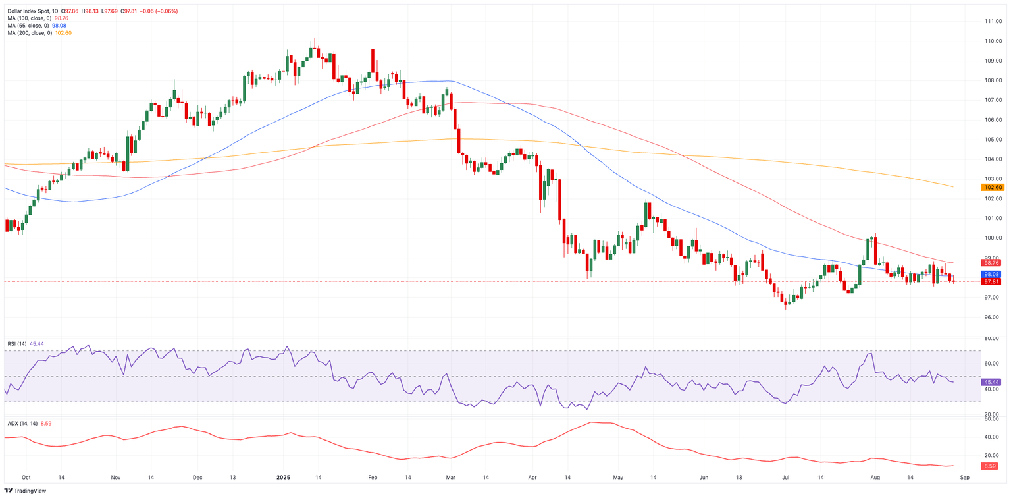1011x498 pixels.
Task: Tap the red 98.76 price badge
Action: pos(992,263)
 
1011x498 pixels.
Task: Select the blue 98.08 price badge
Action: pos(992,274)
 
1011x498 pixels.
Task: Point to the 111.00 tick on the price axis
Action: pos(993,22)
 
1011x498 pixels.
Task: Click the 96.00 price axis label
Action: pos(992,318)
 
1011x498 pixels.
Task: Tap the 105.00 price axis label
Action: pos(993,140)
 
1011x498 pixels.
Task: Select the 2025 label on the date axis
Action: pos(284,476)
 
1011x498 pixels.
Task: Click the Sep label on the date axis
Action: pos(964,476)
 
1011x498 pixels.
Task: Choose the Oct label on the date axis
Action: pos(26,476)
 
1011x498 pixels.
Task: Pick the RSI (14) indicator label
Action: pos(17,344)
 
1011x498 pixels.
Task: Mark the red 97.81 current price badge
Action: pos(992,282)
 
